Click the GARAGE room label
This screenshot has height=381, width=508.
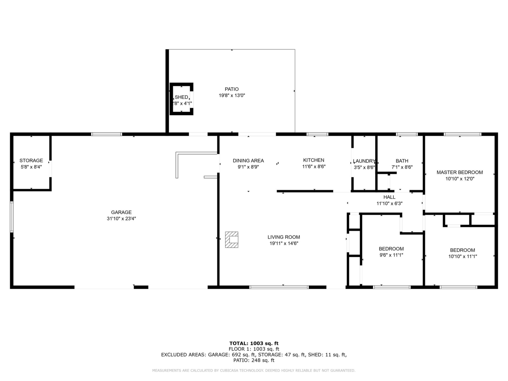[121, 212]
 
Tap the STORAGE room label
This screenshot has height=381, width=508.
[31, 160]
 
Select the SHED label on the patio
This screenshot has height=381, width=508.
[182, 97]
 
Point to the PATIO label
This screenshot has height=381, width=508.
[232, 89]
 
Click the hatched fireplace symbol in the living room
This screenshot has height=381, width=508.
[232, 240]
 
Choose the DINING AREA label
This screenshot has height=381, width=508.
[248, 161]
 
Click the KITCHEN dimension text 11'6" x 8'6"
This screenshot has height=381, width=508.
[314, 167]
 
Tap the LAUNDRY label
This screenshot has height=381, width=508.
[364, 161]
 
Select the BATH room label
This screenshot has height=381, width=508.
[402, 161]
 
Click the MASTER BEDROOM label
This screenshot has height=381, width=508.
[460, 172]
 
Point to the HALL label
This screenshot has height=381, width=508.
[389, 197]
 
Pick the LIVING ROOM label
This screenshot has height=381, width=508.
[284, 237]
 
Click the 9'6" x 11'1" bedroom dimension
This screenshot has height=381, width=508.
[391, 255]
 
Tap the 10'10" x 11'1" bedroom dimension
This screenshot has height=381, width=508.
[462, 256]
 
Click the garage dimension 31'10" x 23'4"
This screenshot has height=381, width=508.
[121, 219]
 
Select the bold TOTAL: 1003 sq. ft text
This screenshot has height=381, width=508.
[254, 343]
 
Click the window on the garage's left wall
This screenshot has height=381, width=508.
[12, 217]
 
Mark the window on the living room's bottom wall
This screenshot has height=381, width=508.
[279, 287]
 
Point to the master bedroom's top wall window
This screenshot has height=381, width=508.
[462, 134]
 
